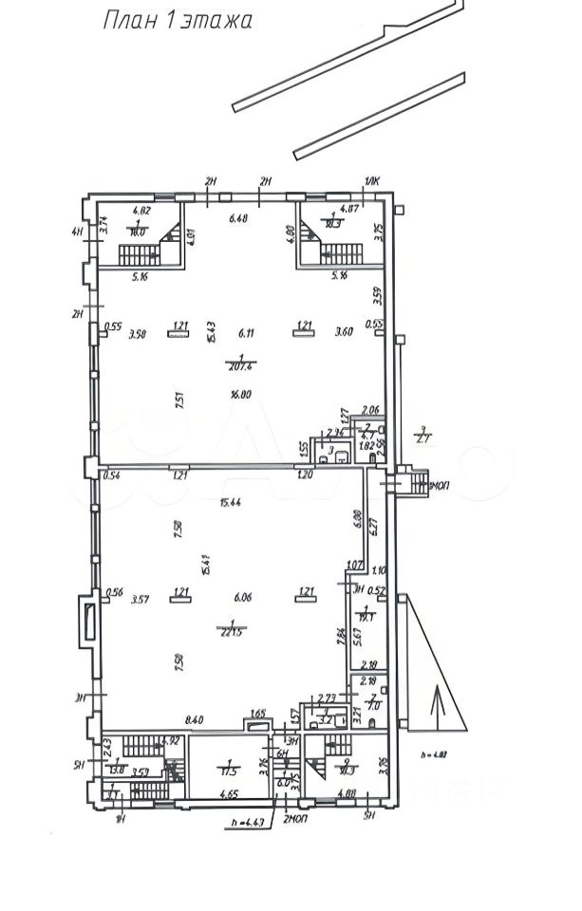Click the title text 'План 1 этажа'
pyautogui.click(x=177, y=21)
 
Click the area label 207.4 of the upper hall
pyautogui.click(x=238, y=366)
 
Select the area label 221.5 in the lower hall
pyautogui.click(x=231, y=631)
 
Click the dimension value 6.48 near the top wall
pyautogui.click(x=238, y=219)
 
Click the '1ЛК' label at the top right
pyautogui.click(x=369, y=182)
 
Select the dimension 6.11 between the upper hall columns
pyautogui.click(x=246, y=332)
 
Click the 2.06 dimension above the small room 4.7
pyautogui.click(x=371, y=409)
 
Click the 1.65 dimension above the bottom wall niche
pyautogui.click(x=256, y=714)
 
